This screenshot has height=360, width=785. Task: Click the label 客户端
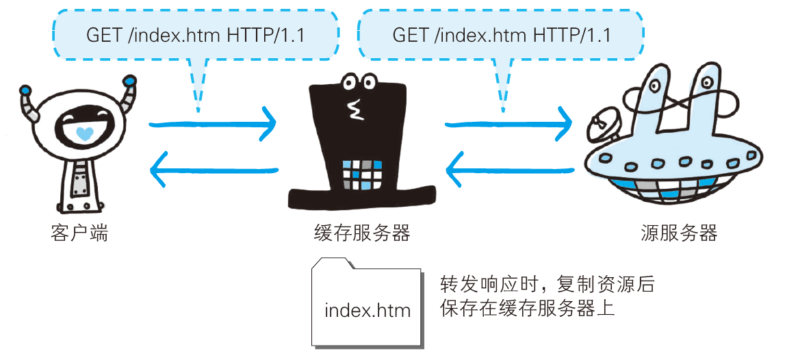(x=79, y=234)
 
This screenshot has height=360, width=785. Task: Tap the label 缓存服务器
(x=361, y=234)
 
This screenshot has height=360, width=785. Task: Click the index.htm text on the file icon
(x=368, y=310)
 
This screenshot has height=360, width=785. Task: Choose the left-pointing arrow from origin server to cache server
(x=509, y=169)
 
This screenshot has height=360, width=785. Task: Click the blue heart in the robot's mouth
(x=83, y=133)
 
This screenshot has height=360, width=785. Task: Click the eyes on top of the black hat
(x=359, y=83)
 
